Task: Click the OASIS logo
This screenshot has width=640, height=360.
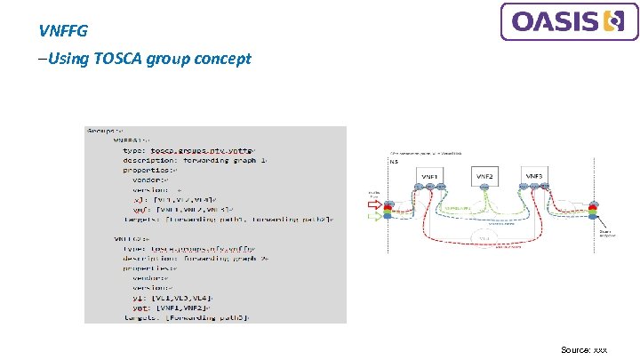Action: [569, 21]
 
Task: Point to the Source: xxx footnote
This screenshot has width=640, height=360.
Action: [584, 350]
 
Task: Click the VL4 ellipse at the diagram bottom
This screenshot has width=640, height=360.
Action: [484, 237]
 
